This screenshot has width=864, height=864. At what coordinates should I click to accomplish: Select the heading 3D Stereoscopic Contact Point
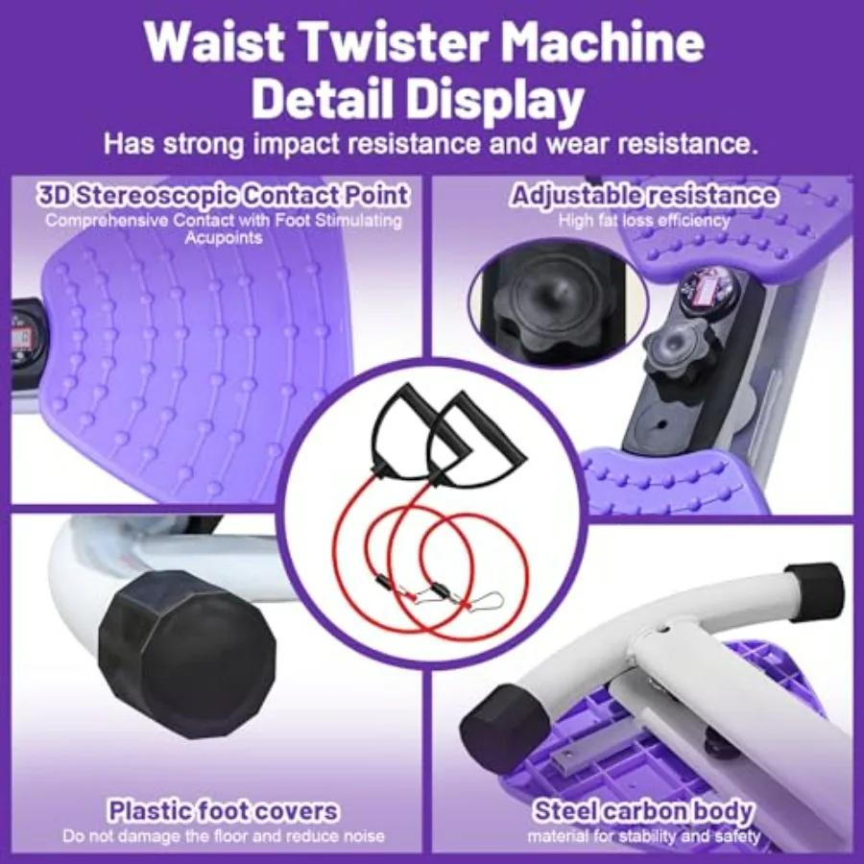[x=224, y=195]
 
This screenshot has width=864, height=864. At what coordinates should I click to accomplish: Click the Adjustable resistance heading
[x=644, y=196]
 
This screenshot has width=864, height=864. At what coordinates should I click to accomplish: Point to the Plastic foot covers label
[x=224, y=811]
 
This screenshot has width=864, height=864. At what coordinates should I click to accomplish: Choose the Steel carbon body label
[x=643, y=811]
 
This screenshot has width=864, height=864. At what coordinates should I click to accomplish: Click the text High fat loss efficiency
[x=644, y=220]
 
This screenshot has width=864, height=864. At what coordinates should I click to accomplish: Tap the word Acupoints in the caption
[x=223, y=237]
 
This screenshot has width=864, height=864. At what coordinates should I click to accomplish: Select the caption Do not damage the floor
[x=224, y=836]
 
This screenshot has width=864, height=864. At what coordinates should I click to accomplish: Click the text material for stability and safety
[x=643, y=836]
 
